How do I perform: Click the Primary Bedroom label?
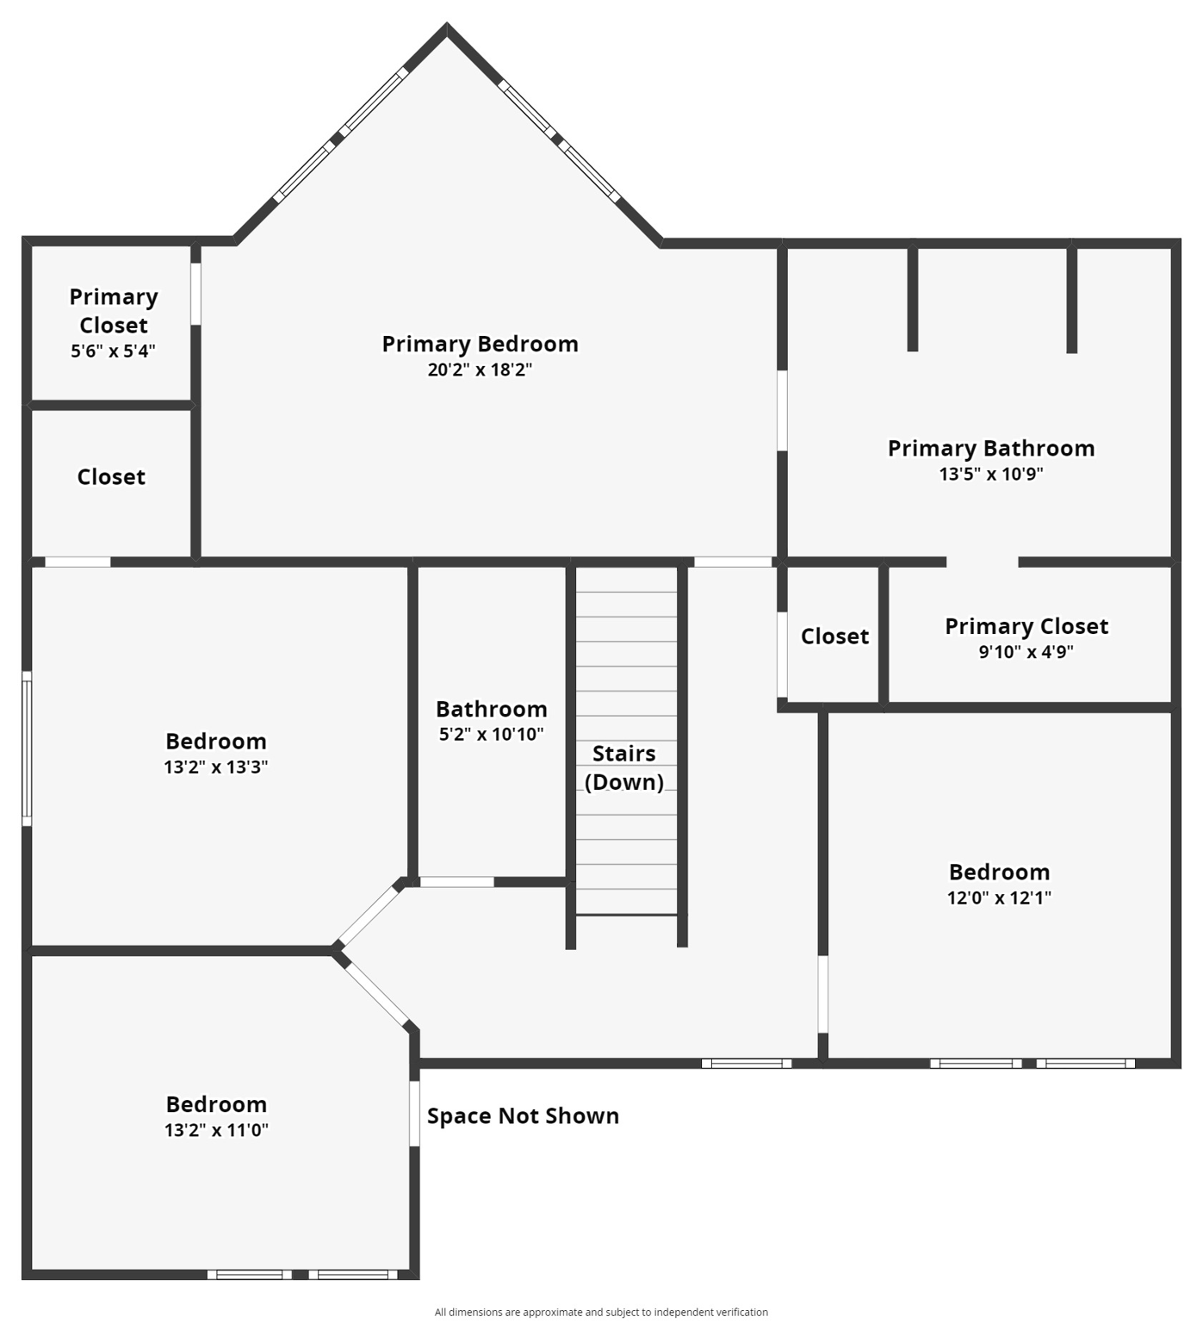click(480, 344)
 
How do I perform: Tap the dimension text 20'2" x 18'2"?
click(480, 370)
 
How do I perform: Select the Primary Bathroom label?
click(990, 448)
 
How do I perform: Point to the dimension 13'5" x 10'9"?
click(990, 474)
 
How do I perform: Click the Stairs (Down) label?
click(624, 767)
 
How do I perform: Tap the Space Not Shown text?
click(523, 1115)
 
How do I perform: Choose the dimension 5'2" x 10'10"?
click(491, 735)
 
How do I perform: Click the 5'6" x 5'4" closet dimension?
click(113, 351)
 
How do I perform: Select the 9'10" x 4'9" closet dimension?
click(1026, 652)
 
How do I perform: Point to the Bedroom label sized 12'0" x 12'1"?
click(999, 872)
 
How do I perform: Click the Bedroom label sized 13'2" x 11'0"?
click(216, 1104)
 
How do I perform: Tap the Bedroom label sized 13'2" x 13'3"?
click(216, 741)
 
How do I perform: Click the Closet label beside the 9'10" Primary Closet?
click(834, 636)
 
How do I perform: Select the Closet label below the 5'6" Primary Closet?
click(111, 476)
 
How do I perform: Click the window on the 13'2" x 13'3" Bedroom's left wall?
click(27, 748)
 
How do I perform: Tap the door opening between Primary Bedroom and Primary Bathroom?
click(782, 411)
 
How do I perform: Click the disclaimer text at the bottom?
click(601, 1312)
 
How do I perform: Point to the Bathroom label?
click(491, 709)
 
